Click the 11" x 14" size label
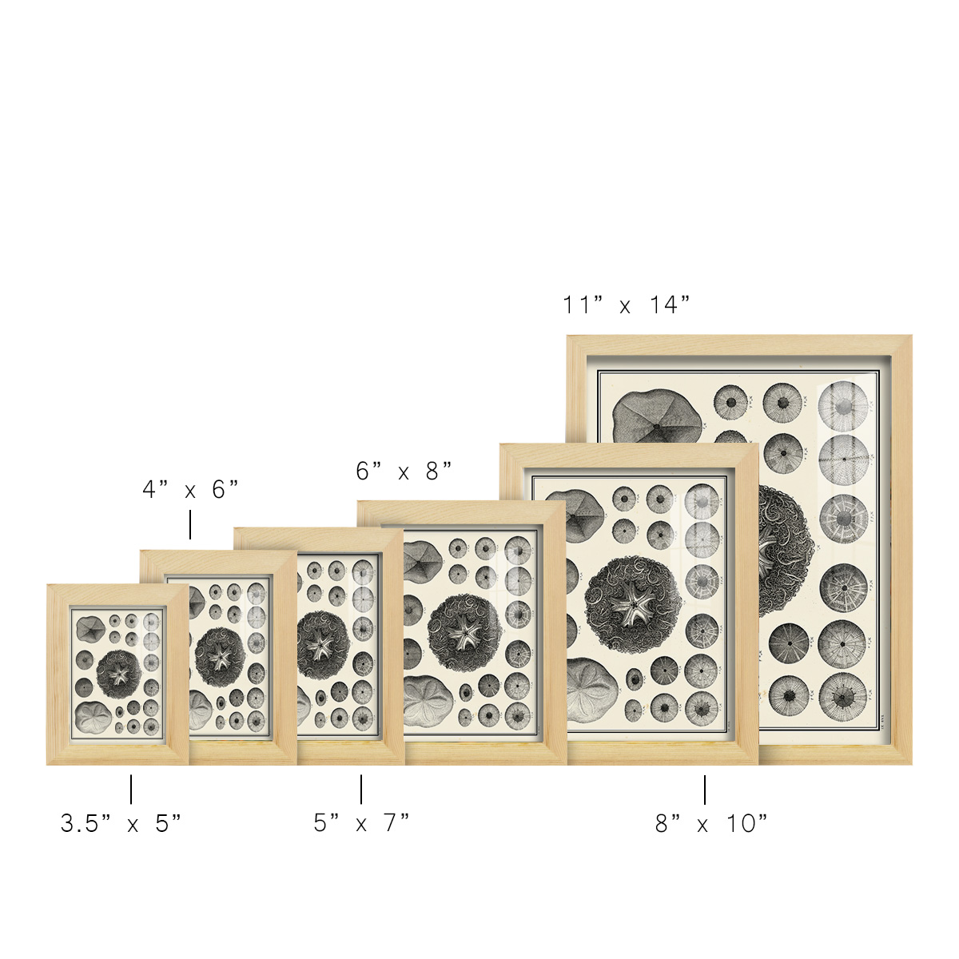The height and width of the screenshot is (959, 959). pyautogui.click(x=626, y=304)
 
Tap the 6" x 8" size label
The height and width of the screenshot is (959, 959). pyautogui.click(x=404, y=471)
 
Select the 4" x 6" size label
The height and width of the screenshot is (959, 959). pyautogui.click(x=191, y=490)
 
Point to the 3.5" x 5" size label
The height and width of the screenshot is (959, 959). pyautogui.click(x=121, y=824)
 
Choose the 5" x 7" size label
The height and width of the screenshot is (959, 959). pyautogui.click(x=361, y=823)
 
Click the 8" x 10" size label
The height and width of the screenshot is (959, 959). pyautogui.click(x=712, y=824)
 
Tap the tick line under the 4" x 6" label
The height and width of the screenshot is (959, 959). pyautogui.click(x=190, y=524)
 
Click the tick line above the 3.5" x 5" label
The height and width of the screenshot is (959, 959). pyautogui.click(x=131, y=790)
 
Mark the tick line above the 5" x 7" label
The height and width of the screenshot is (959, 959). pyautogui.click(x=360, y=790)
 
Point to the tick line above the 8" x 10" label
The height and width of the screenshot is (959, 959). pyautogui.click(x=705, y=790)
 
